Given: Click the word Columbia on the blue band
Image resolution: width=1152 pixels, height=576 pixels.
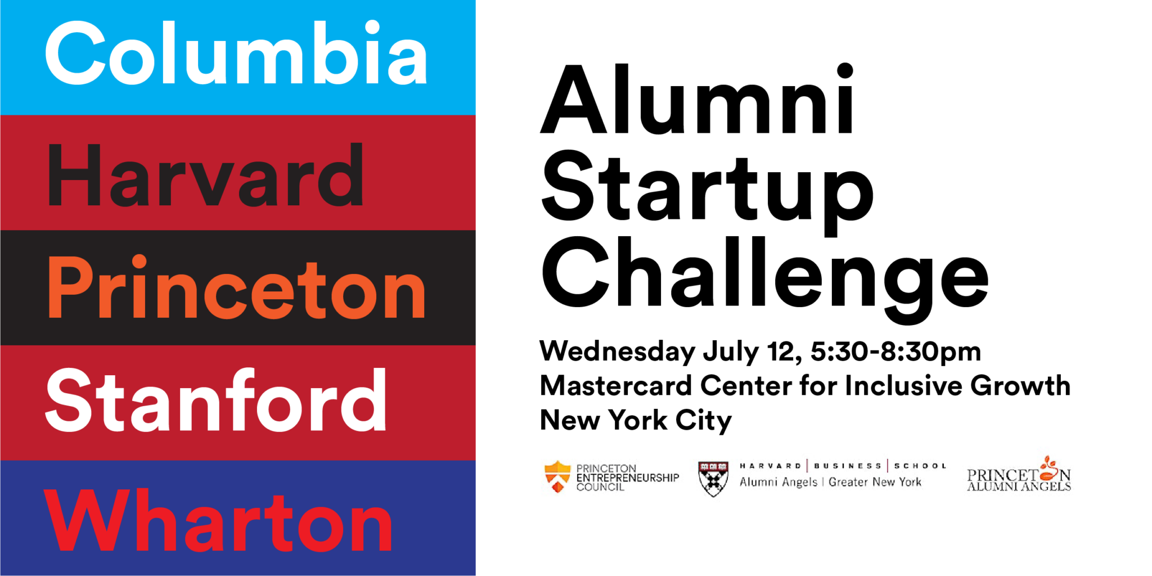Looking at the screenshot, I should tap(236, 53).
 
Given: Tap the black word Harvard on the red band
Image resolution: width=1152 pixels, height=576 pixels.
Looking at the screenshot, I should tap(206, 175).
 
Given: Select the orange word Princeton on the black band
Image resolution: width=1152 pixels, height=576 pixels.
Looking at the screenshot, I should tap(236, 288).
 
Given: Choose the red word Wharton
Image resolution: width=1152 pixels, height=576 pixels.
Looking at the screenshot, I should tap(218, 521).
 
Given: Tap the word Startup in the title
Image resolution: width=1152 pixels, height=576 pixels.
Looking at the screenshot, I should tap(706, 188).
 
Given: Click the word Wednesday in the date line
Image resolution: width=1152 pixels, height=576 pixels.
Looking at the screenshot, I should tap(617, 352).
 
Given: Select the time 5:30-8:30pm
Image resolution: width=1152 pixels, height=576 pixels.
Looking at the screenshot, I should tap(895, 352).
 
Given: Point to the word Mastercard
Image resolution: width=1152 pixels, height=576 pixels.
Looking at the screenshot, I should tap(615, 386).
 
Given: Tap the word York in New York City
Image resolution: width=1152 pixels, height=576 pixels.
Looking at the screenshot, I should tap(638, 420).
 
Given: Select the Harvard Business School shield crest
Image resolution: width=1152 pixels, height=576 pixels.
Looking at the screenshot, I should tap(713, 478).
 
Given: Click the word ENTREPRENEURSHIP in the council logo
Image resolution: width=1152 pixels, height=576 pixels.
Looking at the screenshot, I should tap(628, 478).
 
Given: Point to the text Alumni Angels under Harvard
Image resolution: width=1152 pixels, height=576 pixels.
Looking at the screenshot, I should tap(778, 482).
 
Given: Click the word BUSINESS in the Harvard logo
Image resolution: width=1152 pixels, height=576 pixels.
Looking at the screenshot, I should tap(847, 466).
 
